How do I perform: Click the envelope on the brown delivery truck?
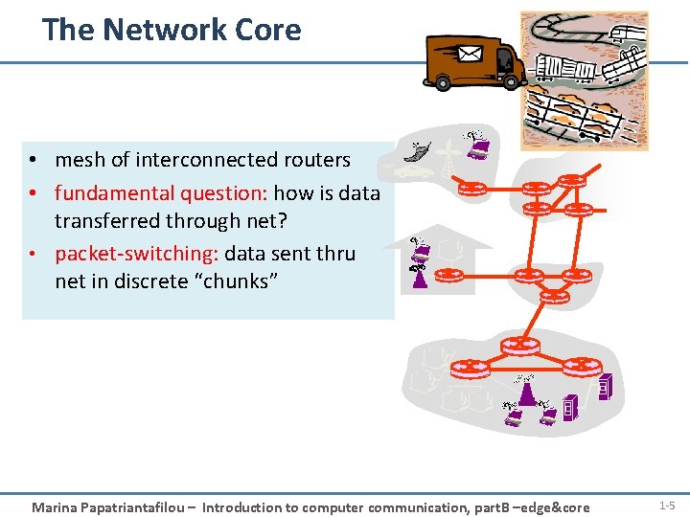[470, 54]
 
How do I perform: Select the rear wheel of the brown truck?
[443, 83]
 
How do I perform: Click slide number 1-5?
[667, 505]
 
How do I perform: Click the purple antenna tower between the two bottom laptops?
[525, 392]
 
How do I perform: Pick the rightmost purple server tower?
[604, 388]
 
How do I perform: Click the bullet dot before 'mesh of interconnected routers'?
[33, 161]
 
